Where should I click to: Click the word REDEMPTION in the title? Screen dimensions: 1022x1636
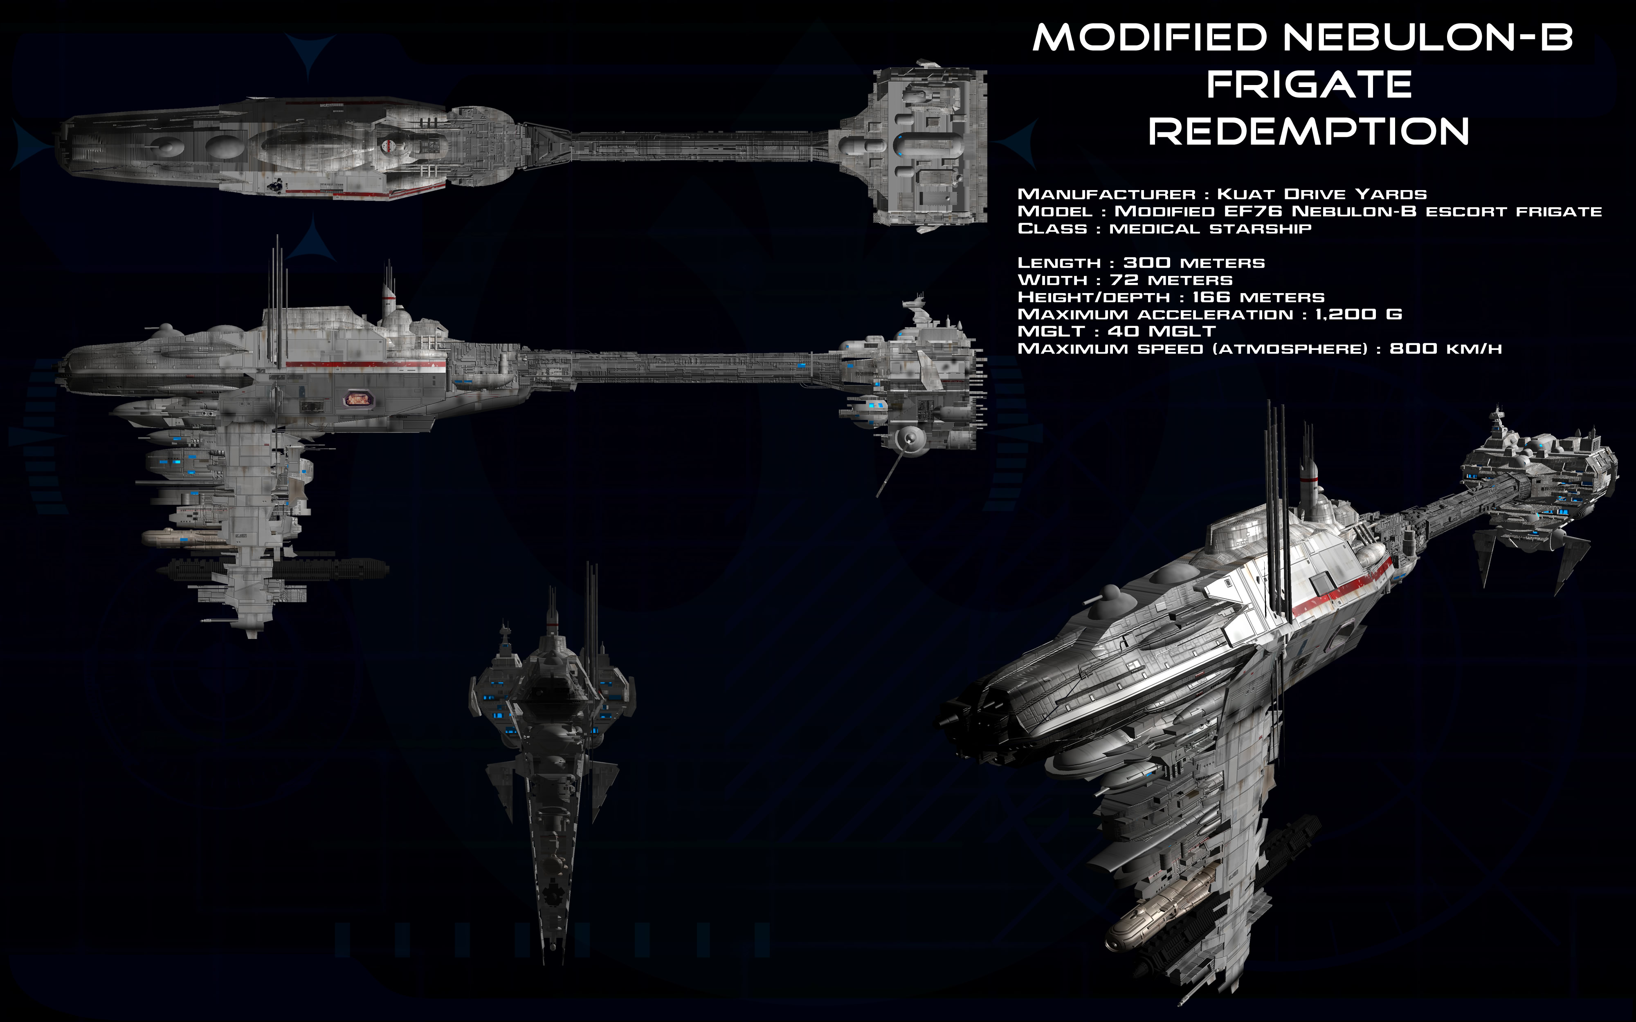(1309, 131)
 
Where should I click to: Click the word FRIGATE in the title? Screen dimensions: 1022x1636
(1309, 85)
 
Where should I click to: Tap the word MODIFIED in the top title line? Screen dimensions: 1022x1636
(1149, 38)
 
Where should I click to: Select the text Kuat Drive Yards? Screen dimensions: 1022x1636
(1321, 195)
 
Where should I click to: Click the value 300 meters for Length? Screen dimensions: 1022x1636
(1194, 263)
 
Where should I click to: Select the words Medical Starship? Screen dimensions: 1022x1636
(1210, 229)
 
